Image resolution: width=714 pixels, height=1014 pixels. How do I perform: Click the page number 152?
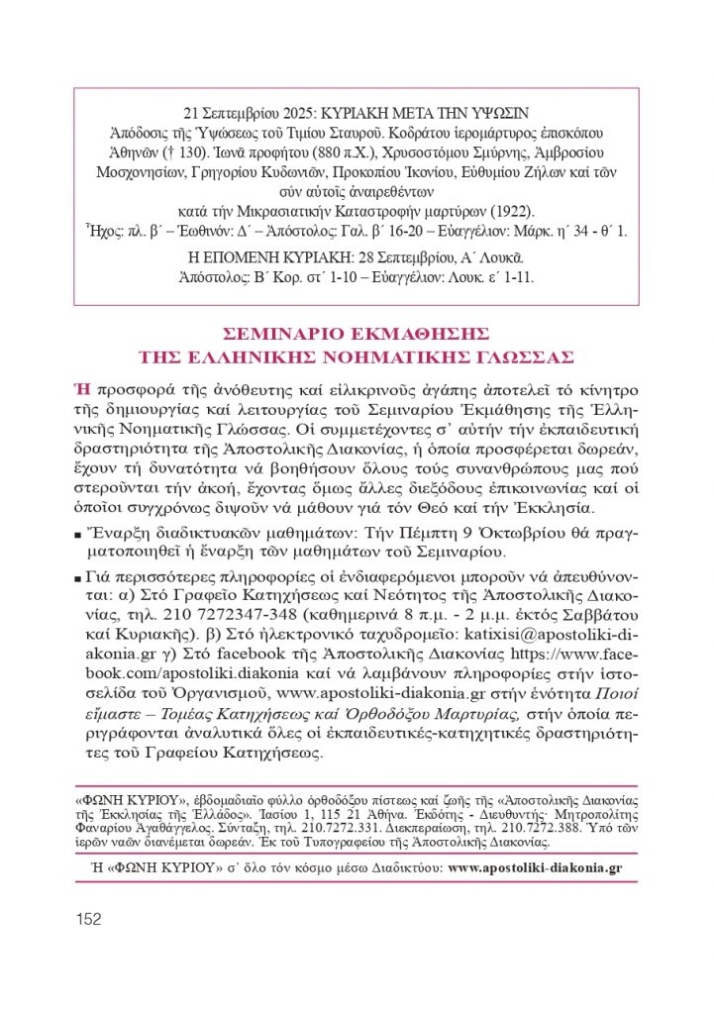(x=88, y=920)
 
